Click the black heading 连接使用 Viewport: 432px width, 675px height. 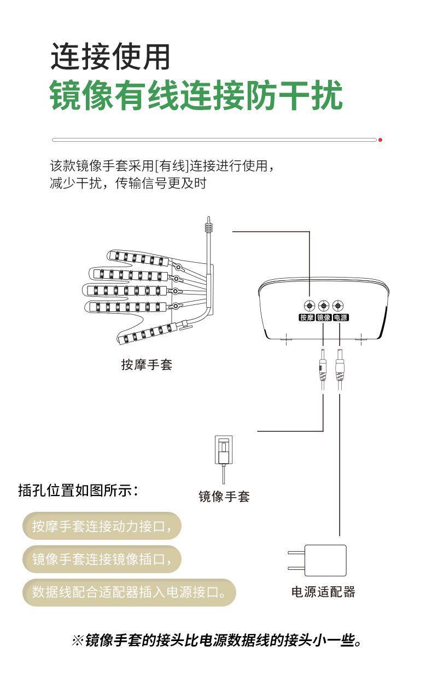(110, 56)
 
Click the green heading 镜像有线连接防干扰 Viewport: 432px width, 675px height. (196, 96)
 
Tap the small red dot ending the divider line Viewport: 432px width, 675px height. (380, 140)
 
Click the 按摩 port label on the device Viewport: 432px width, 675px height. (307, 318)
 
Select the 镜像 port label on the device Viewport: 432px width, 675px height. (324, 318)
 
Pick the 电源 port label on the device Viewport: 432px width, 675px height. (341, 318)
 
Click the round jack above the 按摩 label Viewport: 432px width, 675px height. (309, 305)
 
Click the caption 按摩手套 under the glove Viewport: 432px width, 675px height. (147, 365)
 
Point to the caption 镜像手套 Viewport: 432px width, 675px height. (224, 497)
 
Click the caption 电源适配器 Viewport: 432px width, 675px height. (323, 591)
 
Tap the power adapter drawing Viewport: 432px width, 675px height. (320, 560)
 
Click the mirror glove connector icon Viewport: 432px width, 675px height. (223, 451)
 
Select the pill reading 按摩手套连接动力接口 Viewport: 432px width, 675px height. (102, 526)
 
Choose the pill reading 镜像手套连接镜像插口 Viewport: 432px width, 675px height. (102, 559)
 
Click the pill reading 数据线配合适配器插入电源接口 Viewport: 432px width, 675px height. (129, 592)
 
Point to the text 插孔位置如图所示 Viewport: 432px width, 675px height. (78, 490)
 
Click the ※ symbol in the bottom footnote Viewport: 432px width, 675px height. (77, 640)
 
